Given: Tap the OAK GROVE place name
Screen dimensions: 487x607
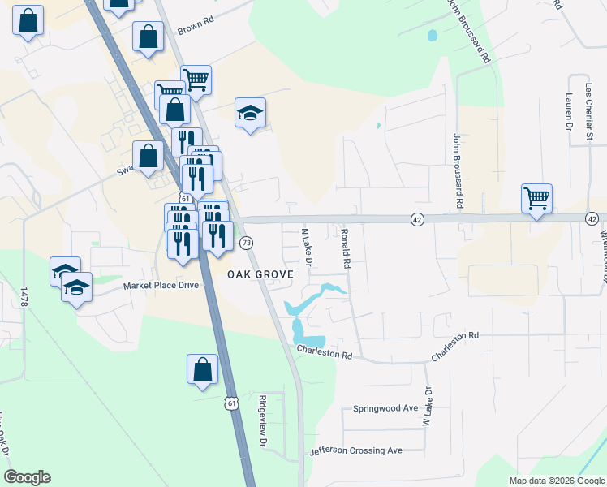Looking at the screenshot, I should pos(260,275).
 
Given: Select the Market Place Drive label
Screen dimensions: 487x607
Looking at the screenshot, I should pos(161,286).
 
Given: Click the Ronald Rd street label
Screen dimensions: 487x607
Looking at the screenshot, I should pos(345,248).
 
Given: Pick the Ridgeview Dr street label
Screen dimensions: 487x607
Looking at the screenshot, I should pos(261,420).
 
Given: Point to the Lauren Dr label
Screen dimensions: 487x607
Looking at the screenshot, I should pos(569,111).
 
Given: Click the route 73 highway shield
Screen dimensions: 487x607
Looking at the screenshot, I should pos(247,243).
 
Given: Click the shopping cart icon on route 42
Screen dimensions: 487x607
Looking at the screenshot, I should pos(537,197).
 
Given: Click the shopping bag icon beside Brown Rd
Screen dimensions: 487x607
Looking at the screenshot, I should pos(148,37).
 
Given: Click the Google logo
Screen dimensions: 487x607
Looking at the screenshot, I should pos(27,477).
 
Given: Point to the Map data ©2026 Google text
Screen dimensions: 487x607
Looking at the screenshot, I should pos(556,481).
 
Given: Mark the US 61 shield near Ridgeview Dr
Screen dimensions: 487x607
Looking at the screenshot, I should pos(232,403).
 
